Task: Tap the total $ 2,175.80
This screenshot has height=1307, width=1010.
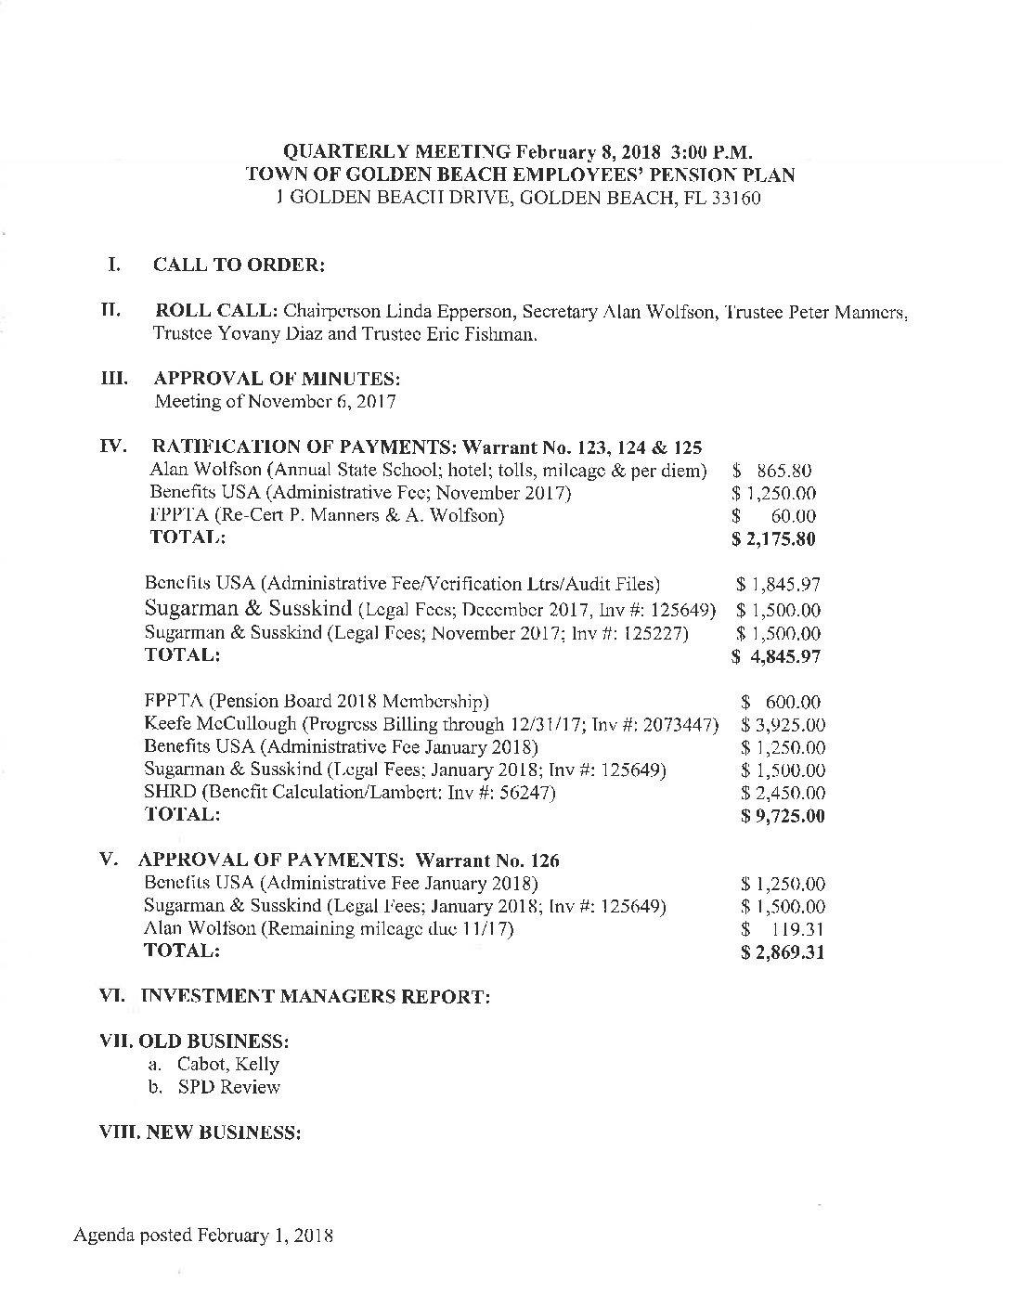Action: coord(773,538)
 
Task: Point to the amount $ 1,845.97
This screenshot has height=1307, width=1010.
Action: coord(778,585)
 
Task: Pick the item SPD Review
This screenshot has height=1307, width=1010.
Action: coord(228,1087)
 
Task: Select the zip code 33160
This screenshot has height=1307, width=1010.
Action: coord(736,198)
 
